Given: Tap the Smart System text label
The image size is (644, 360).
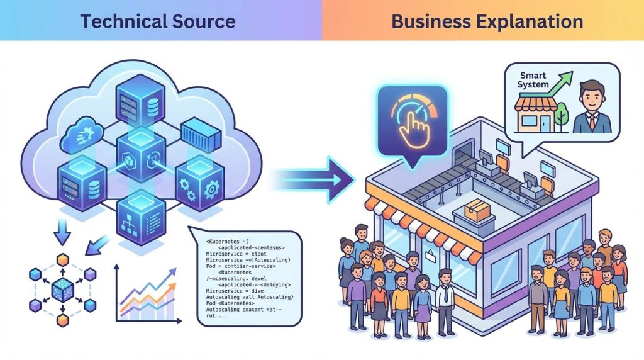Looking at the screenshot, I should [x=534, y=80].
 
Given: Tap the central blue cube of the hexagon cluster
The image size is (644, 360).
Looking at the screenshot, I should [x=62, y=290].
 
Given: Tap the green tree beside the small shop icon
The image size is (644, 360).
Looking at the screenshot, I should [x=562, y=117].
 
